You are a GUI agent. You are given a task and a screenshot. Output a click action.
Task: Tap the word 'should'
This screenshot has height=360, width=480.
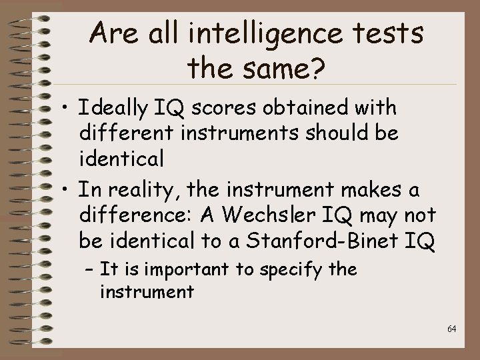coord(344,133)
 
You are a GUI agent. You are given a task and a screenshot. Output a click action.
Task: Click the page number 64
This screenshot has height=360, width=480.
coord(451,329)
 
